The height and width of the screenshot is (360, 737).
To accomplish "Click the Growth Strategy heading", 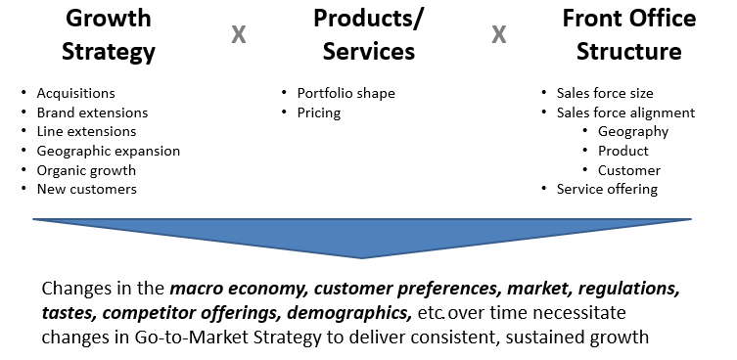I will pos(108,35).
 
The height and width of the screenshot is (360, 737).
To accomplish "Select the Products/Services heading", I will pos(364,35).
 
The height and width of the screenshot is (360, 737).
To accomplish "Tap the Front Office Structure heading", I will pos(628,35).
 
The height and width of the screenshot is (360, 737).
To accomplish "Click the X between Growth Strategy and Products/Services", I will pos(238,35).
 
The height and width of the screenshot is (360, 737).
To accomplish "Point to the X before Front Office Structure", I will pos(498,35).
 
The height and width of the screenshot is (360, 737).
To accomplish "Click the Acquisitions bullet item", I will pos(75,94).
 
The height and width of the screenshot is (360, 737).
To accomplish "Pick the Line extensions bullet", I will pos(86,131).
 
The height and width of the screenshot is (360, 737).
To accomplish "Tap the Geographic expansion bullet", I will pos(108,151).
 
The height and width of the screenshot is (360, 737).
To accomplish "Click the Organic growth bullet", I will pos(86,170).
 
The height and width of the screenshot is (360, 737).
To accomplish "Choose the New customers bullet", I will pos(86,189).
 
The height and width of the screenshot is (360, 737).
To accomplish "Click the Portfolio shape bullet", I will pos(345,94).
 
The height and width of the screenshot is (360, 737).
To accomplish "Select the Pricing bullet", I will pos(319,112).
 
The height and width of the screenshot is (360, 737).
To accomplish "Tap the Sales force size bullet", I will pos(604,94).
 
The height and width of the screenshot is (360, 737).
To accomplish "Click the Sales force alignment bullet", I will pos(625,112).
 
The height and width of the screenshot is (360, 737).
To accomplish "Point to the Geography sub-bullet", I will pos(633,131).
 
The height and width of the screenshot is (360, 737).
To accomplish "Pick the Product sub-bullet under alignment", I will pos(623,151).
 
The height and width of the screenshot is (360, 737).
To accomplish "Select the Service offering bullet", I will pos(607,189).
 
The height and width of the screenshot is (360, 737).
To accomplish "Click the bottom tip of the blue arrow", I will pos(362,256).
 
